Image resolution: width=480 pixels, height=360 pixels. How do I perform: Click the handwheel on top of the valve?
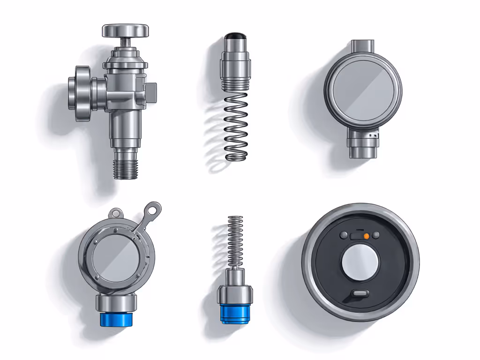point(125,31)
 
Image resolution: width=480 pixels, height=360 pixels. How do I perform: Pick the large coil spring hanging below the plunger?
point(236,127)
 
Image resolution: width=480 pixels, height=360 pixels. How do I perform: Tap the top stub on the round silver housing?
point(361,46)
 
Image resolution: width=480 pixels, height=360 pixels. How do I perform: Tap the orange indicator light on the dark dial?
point(367,236)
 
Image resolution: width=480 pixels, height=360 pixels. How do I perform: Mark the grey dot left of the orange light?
point(344,235)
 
